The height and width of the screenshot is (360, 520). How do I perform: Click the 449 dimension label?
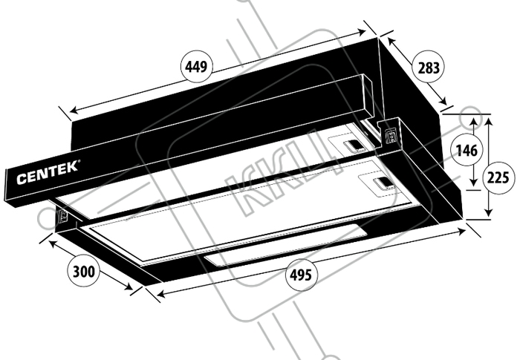pyautogui.click(x=196, y=67)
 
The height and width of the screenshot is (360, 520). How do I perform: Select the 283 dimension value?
pyautogui.click(x=429, y=68)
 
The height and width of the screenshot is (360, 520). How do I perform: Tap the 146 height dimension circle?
pyautogui.click(x=467, y=151)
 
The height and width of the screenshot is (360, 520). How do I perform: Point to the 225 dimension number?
pyautogui.click(x=498, y=178)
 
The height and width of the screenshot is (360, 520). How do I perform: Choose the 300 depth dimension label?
pyautogui.click(x=83, y=272)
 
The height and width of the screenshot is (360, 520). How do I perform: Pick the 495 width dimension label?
pyautogui.click(x=301, y=275)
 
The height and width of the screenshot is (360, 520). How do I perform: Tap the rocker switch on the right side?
pyautogui.click(x=391, y=136)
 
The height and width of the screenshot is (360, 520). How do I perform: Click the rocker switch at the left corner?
pyautogui.click(x=63, y=217)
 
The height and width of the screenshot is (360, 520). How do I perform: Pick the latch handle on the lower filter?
pyautogui.click(x=384, y=183)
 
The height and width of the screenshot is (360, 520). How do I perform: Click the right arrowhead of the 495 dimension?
pyautogui.click(x=461, y=232)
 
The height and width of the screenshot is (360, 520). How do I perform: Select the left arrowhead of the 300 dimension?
pyautogui.click(x=53, y=243)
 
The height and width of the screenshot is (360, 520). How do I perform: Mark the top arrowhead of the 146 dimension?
pyautogui.click(x=474, y=122)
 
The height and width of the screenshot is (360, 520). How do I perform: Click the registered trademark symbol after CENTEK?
pyautogui.click(x=79, y=161)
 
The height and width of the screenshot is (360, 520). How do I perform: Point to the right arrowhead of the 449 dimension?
pyautogui.click(x=361, y=32)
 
